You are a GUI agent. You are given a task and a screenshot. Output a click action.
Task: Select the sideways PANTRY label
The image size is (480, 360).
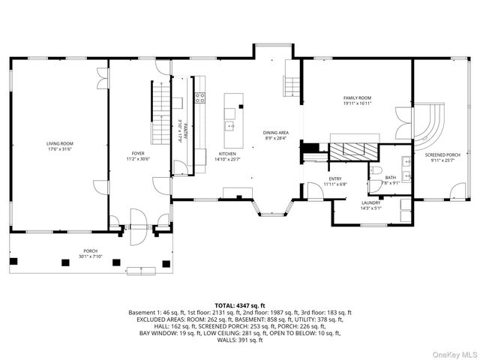pyautogui.click(x=179, y=131)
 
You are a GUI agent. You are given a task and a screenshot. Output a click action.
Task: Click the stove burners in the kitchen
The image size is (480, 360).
pyautogui.click(x=199, y=97)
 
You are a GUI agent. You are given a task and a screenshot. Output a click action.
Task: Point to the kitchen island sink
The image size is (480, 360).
pyautogui.click(x=232, y=124)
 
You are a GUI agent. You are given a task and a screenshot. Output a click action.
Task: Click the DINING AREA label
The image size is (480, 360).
pyautogui.click(x=276, y=134)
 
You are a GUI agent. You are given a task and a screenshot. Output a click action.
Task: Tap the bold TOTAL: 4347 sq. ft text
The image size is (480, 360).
pyautogui.click(x=239, y=304)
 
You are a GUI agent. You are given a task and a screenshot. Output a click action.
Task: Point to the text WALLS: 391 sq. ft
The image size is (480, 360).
pyautogui.click(x=239, y=340)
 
